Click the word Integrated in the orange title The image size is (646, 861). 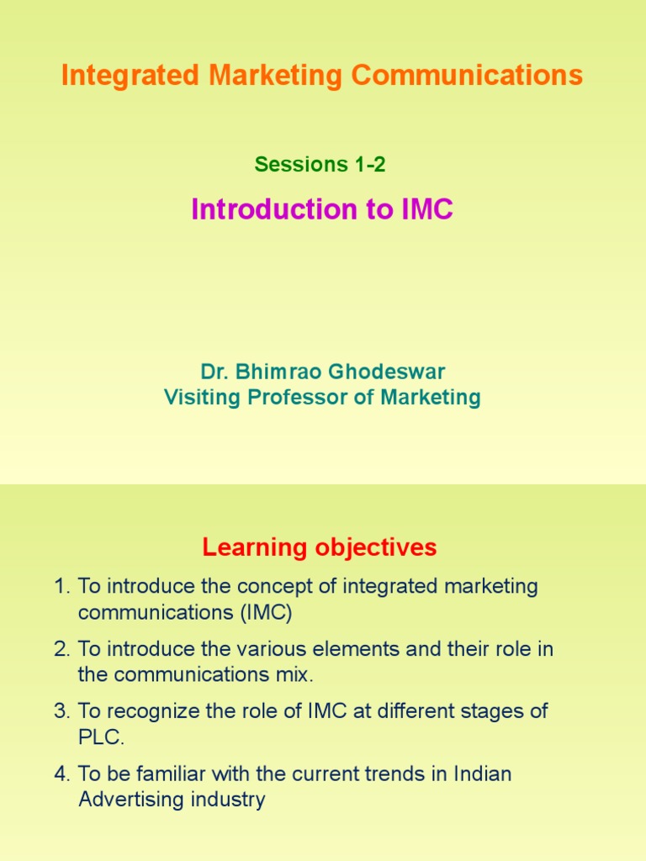(130, 76)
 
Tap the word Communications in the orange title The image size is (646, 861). (467, 75)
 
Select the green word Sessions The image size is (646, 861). (301, 164)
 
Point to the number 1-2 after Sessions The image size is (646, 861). (370, 164)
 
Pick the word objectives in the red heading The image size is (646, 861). (376, 547)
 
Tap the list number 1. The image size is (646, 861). (61, 586)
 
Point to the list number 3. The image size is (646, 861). (61, 711)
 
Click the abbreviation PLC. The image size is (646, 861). (101, 737)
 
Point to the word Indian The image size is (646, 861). (482, 774)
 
